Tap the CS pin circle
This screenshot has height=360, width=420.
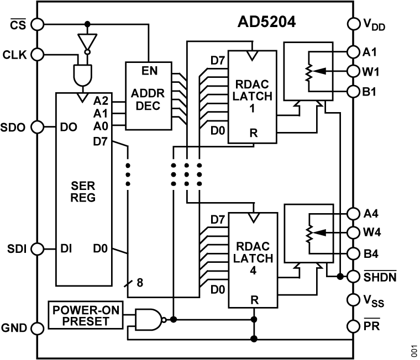(x=37, y=24)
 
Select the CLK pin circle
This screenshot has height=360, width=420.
(x=37, y=54)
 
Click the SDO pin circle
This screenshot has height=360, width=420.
(x=37, y=126)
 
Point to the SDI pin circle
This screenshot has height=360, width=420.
(x=37, y=248)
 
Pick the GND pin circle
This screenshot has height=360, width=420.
(x=37, y=328)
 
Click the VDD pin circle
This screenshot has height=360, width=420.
(x=354, y=24)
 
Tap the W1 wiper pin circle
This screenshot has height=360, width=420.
(x=354, y=71)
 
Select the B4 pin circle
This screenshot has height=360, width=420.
(x=354, y=254)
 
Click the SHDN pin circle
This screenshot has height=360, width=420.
(x=354, y=274)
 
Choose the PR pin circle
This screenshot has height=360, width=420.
(x=354, y=326)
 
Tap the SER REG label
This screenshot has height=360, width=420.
(x=83, y=192)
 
